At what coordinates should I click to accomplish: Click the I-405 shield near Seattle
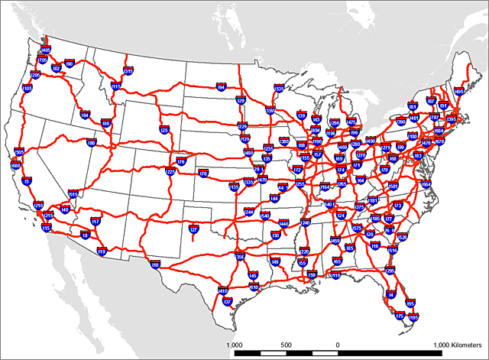[x=45, y=50]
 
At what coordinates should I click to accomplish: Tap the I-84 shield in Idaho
[x=85, y=115]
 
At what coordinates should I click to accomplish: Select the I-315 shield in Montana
[x=128, y=71]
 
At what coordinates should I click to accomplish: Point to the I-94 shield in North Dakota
[x=222, y=88]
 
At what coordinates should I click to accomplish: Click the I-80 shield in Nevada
[x=91, y=143]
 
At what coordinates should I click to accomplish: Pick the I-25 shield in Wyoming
[x=164, y=131]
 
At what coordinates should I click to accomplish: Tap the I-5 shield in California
[x=27, y=181]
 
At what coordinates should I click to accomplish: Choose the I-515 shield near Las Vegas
[x=73, y=195]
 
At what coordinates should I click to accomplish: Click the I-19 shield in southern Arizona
[x=102, y=251]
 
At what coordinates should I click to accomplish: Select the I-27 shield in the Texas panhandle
[x=193, y=229]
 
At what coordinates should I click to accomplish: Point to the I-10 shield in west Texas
[x=155, y=264]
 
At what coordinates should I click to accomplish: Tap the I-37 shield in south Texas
[x=227, y=302]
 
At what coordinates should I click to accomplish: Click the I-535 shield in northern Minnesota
[x=279, y=89]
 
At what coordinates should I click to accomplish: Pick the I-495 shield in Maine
[x=458, y=91]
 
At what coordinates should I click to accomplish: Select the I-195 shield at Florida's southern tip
[x=413, y=316]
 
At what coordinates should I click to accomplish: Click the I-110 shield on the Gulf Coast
[x=335, y=276]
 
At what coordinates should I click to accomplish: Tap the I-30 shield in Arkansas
[x=276, y=235]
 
